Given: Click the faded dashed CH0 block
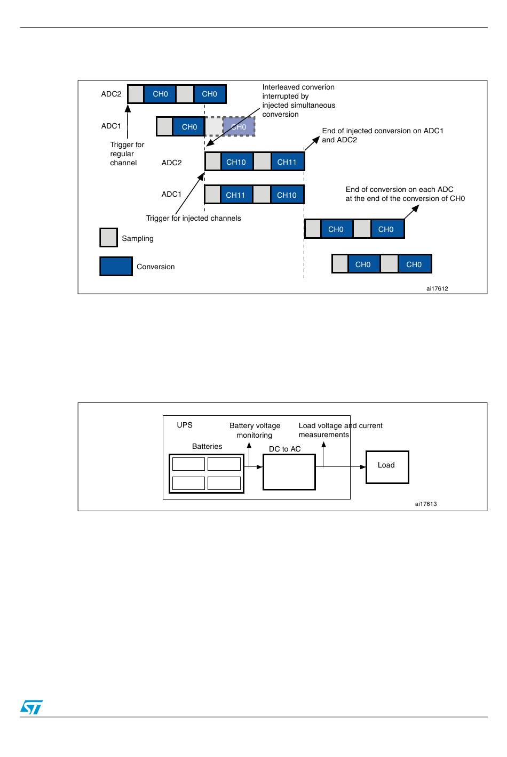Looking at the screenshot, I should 239,127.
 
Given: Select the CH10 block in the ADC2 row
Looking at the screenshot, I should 236,162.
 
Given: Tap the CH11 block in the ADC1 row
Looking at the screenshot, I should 235,195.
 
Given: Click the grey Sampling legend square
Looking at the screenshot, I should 108,238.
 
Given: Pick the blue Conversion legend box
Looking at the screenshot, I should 116,267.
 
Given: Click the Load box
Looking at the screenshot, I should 387,467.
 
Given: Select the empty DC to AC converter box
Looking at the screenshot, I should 289,472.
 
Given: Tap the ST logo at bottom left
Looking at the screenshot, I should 31,707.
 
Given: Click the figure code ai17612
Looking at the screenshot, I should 437,288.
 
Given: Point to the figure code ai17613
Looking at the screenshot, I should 426,504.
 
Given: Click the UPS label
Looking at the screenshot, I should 185,425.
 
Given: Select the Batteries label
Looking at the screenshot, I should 207,446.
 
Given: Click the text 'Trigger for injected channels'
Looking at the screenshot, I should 193,218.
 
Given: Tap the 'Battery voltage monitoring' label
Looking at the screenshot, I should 255,430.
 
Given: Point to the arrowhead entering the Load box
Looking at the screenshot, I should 363,467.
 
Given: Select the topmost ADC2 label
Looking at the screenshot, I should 111,94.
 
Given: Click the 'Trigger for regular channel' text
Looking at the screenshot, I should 126,154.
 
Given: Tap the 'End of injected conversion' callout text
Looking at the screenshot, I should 382,135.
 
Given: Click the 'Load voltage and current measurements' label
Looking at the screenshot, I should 340,430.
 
